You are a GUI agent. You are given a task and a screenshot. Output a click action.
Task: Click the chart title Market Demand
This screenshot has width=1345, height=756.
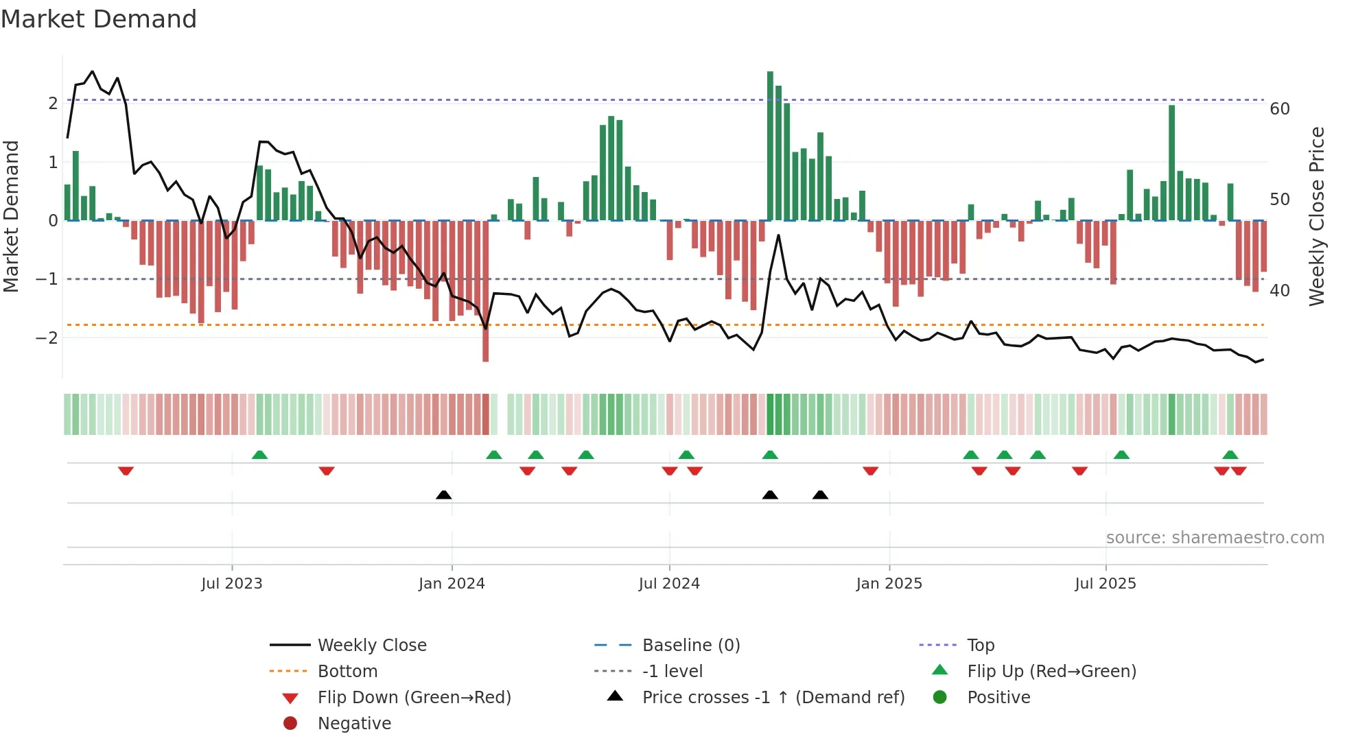point(99,19)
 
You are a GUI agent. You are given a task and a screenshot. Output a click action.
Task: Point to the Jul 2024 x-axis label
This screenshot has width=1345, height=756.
point(669,584)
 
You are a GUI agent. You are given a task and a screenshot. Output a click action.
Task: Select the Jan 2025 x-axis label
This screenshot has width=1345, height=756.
point(889,584)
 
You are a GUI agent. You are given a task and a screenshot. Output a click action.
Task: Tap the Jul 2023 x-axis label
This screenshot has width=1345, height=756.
point(232,584)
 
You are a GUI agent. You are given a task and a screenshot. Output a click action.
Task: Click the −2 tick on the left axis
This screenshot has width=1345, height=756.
point(47,338)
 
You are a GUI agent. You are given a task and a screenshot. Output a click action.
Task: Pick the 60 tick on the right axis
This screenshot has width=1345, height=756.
point(1280,109)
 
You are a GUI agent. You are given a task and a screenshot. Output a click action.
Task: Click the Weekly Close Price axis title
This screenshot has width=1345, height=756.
point(1316,216)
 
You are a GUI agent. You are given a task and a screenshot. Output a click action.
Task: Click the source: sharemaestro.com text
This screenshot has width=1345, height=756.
point(1215,537)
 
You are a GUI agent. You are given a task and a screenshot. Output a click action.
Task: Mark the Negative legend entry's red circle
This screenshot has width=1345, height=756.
point(290,724)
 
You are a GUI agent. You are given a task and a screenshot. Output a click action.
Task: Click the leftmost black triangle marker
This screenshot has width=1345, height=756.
point(444,495)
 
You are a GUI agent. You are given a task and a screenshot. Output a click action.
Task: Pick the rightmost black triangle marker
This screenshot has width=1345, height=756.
point(820,495)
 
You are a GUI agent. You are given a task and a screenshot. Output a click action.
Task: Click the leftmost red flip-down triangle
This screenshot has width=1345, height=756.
point(126,471)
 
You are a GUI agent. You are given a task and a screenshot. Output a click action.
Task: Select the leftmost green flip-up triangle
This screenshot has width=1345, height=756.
point(259,455)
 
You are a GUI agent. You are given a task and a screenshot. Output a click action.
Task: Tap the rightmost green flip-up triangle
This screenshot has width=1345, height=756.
point(1230,455)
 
